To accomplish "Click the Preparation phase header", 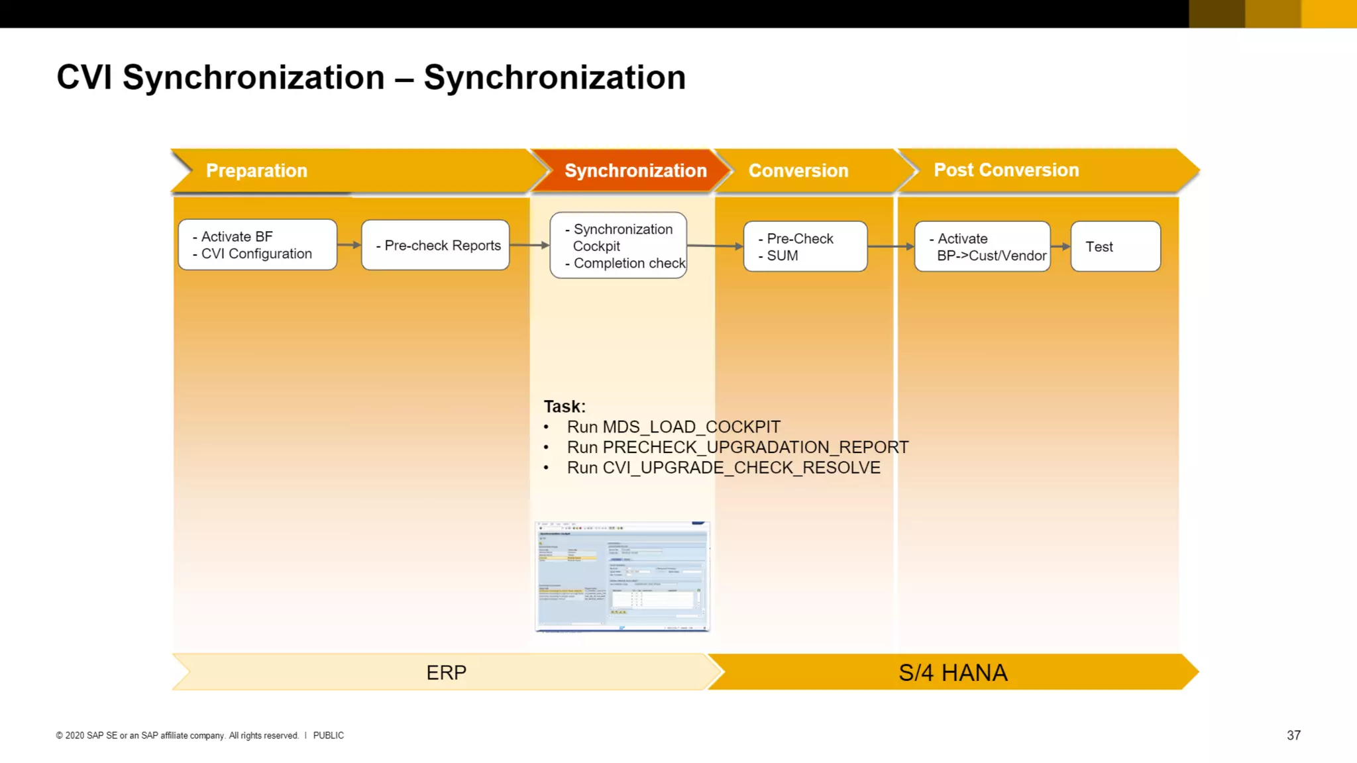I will (257, 171).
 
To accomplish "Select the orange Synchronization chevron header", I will (635, 171).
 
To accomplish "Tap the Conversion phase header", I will (798, 171).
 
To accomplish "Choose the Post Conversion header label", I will (1006, 170).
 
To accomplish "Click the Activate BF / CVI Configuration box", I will (257, 245).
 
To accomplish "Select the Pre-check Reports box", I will (435, 245).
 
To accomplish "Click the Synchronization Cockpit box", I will (618, 246).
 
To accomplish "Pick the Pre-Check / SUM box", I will (804, 246).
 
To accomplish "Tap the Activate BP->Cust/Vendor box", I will (982, 246).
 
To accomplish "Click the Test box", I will (1115, 246).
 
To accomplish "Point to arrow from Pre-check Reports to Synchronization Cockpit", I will (529, 245).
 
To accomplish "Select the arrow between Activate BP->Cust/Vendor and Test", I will (1060, 246).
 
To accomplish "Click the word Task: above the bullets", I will (565, 406).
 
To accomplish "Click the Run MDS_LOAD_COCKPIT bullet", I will (673, 427).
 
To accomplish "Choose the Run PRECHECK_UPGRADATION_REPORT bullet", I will (737, 448).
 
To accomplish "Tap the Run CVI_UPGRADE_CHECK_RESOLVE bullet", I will (723, 468).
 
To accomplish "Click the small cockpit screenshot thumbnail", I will (622, 576).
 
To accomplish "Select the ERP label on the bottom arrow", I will (446, 672).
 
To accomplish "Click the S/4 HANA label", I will (952, 672).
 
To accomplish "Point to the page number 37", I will (1293, 735).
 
